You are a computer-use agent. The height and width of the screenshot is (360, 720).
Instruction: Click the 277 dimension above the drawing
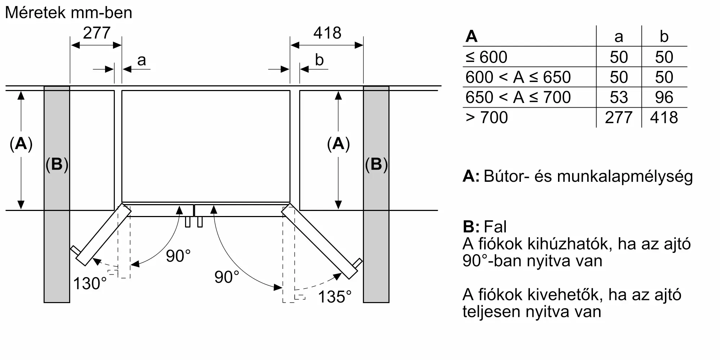pos(96,33)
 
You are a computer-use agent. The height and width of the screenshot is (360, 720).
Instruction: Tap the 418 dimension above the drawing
pos(327,33)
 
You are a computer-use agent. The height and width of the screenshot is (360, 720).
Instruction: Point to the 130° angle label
pos(90,284)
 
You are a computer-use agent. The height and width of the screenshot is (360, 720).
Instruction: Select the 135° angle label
pos(335,297)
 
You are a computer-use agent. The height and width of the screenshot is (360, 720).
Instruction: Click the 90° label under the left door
pos(178,256)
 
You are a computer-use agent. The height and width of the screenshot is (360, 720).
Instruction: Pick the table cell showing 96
pos(664,98)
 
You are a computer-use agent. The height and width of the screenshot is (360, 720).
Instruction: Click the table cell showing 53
pos(618,98)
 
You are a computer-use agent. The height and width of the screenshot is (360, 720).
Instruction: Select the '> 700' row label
pos(487,118)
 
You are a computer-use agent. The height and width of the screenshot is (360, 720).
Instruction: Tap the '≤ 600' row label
pos(486,57)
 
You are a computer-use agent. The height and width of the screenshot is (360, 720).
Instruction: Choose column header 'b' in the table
pos(664,37)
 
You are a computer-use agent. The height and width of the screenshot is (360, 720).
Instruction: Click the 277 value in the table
pos(618,118)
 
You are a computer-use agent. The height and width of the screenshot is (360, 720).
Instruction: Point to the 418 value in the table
pos(664,118)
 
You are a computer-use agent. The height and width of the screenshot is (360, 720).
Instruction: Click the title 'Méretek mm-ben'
pos(69,13)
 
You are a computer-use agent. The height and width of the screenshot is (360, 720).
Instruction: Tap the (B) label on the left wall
pos(57,164)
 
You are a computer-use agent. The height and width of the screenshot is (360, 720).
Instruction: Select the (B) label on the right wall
pos(376,164)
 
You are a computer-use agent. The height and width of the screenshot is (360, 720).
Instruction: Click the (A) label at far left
pos(21,144)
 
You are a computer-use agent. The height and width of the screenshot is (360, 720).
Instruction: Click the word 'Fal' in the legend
pos(495,227)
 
